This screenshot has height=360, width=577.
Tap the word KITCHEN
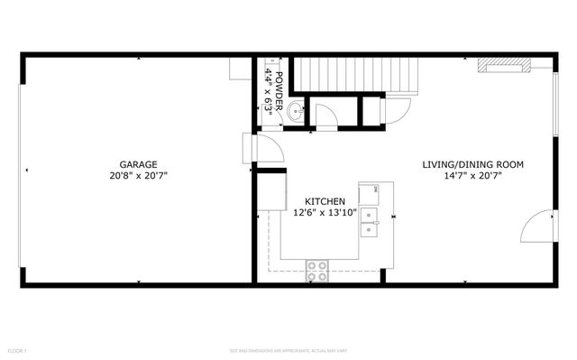(324, 201)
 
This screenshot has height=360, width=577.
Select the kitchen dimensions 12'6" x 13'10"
(324, 214)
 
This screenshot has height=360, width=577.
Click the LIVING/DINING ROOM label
(473, 165)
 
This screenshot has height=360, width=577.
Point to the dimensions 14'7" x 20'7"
(473, 177)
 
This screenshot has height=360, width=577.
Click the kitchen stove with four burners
(316, 265)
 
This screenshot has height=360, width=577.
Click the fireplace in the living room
(504, 64)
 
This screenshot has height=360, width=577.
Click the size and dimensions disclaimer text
(288, 349)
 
